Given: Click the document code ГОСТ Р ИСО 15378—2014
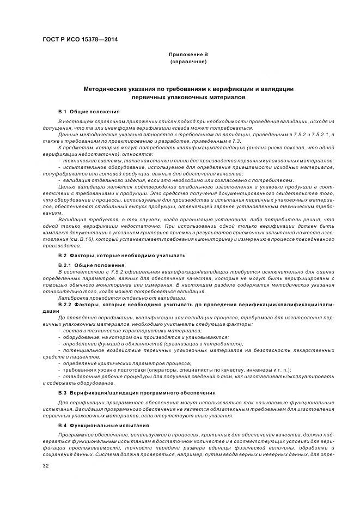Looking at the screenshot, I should point(80,39).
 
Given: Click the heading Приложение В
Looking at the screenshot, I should point(188,54).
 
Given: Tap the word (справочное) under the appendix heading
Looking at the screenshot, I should point(188,62).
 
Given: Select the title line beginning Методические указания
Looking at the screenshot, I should point(188,88).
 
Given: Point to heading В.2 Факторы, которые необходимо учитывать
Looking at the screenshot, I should point(122,255).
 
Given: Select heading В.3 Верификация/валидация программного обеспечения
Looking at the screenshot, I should point(137,392).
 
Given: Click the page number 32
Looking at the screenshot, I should point(46,466).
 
